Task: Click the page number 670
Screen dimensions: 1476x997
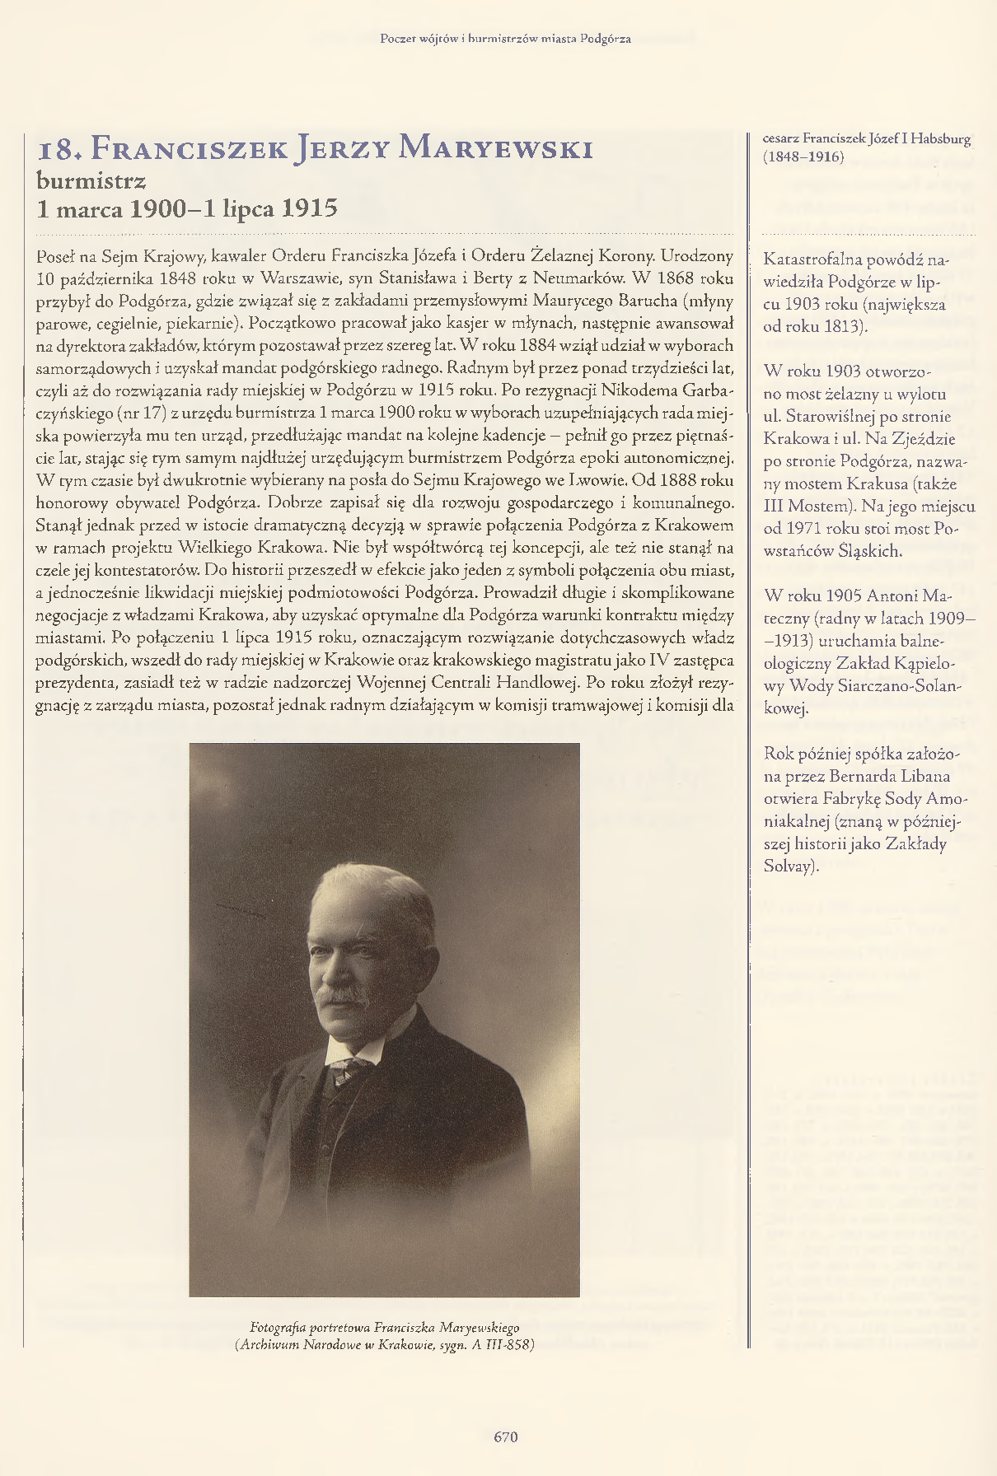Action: (505, 1436)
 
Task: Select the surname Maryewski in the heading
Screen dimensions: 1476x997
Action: (495, 149)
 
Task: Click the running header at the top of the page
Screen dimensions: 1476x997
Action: (505, 39)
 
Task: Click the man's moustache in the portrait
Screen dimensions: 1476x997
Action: (344, 997)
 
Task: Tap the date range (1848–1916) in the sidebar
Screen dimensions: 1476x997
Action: (803, 156)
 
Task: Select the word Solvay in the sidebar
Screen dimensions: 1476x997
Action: (789, 866)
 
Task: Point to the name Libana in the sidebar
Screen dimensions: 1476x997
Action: (923, 777)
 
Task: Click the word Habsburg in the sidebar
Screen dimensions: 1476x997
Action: (941, 138)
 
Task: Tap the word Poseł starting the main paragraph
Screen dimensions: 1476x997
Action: (56, 256)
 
